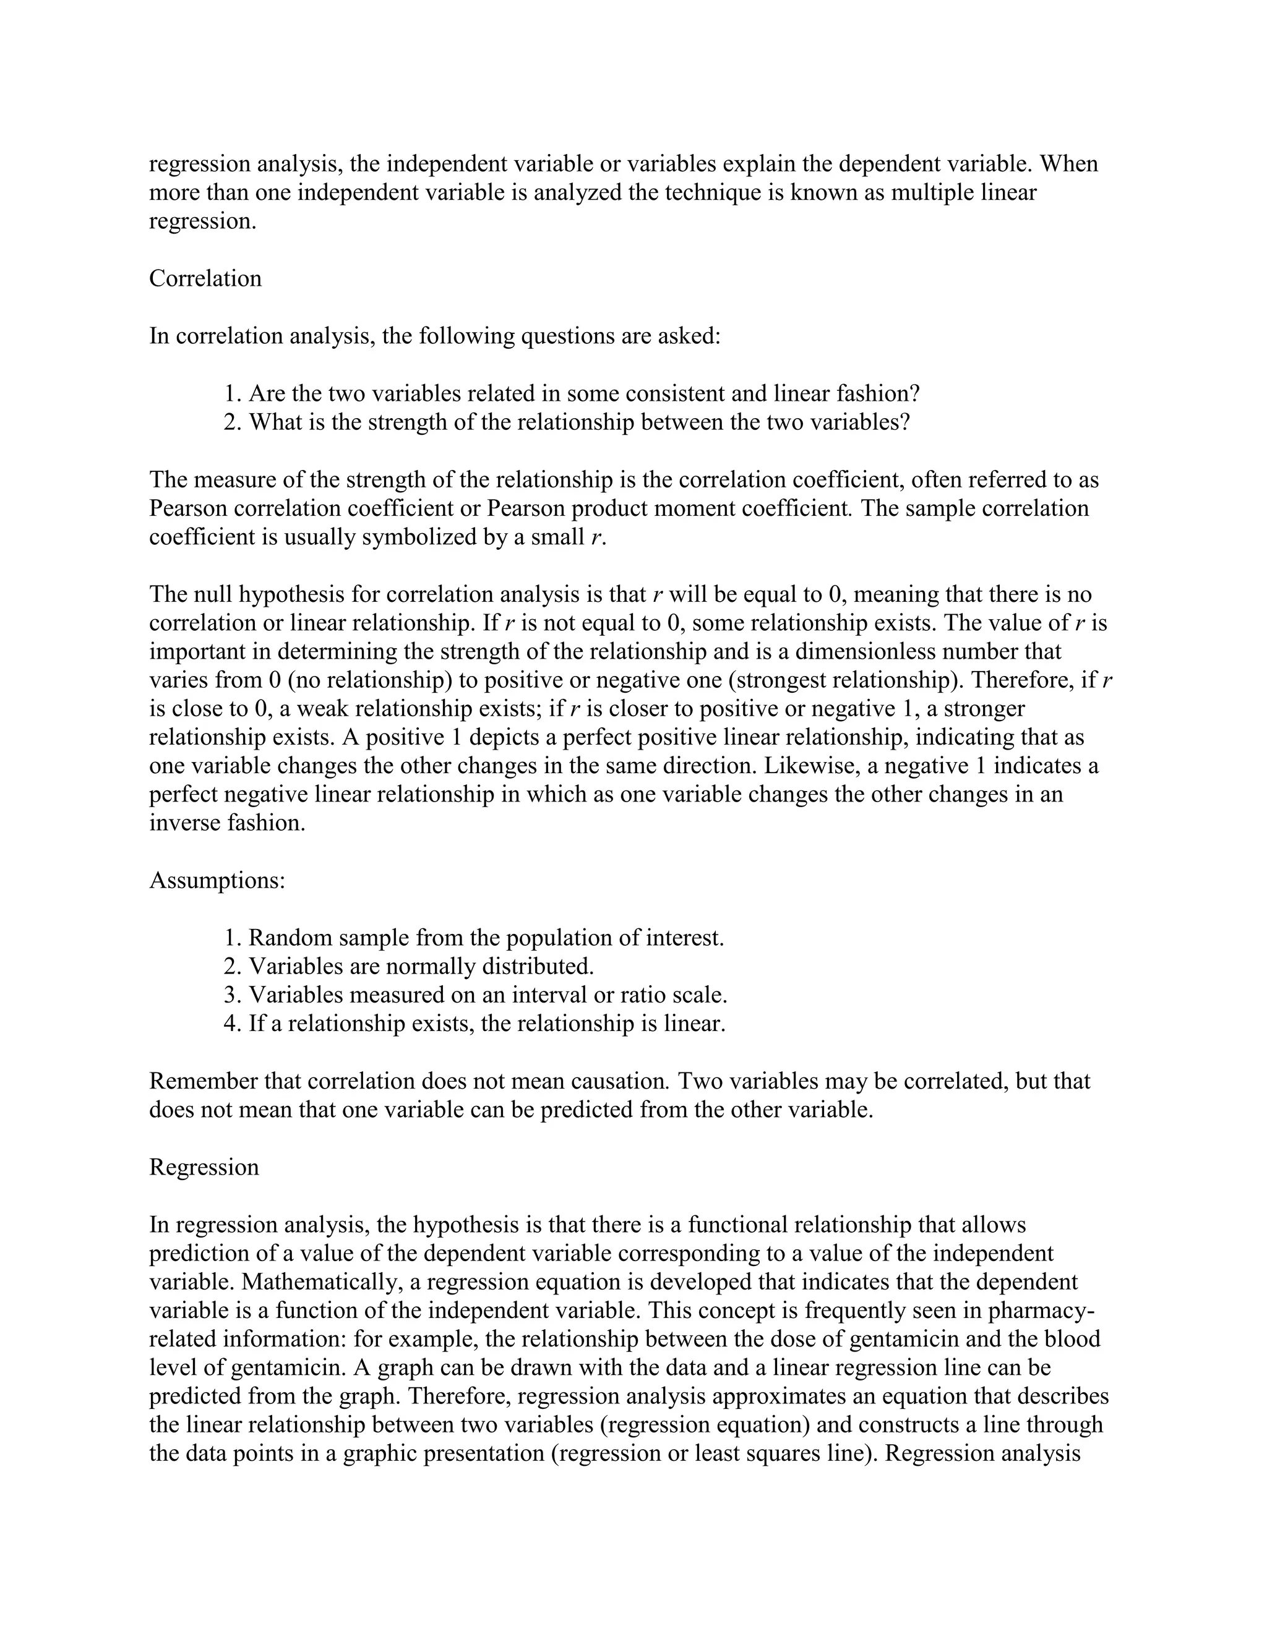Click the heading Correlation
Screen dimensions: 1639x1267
(x=205, y=278)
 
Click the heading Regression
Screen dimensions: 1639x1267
(x=204, y=1167)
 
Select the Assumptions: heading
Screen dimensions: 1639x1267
(x=217, y=880)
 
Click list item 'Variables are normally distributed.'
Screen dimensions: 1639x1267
(x=421, y=966)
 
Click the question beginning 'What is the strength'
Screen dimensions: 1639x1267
(x=578, y=422)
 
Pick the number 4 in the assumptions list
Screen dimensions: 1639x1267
(x=230, y=1024)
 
